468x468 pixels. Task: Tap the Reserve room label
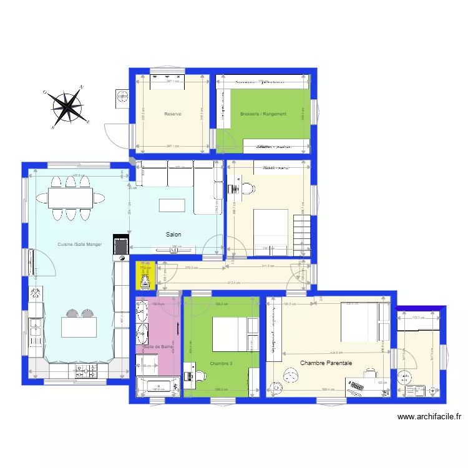tap(173, 114)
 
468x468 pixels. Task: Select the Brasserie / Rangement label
tap(263, 114)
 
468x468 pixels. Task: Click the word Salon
tap(173, 235)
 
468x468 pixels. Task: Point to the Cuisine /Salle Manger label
tap(79, 244)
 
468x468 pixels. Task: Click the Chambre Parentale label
tap(326, 363)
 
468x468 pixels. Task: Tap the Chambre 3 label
tap(221, 363)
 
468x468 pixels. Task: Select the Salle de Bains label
tap(158, 347)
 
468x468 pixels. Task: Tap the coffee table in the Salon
tap(173, 205)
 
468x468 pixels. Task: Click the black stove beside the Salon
tap(120, 245)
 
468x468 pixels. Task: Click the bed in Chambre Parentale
tap(361, 323)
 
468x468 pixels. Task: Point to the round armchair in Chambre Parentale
tap(291, 376)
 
